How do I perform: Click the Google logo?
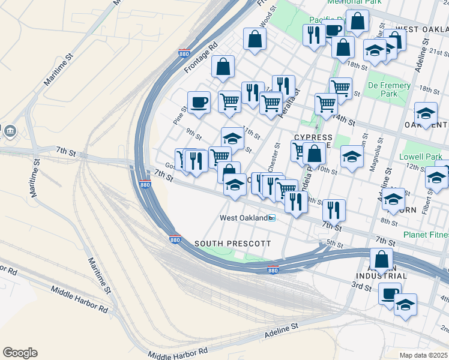20,353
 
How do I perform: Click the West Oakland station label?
243,218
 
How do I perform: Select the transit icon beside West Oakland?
272,218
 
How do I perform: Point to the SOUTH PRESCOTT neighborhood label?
232,244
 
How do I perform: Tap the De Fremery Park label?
389,89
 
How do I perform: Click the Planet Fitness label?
426,235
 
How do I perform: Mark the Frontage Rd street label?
200,58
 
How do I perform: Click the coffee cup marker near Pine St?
199,102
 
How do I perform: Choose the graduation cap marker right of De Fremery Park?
426,113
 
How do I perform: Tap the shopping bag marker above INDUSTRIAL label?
381,260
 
